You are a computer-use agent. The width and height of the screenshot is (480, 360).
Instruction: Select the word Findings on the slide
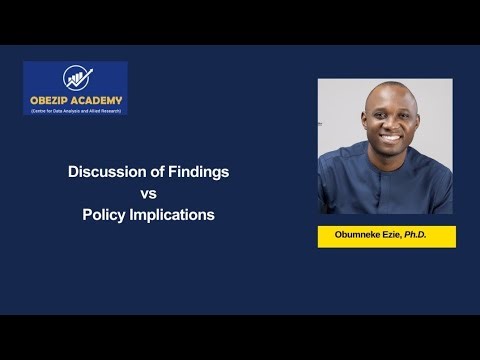coord(199,172)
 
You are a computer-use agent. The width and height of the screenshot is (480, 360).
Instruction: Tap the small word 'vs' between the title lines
coord(149,193)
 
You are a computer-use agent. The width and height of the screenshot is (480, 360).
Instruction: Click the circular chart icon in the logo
coord(76,79)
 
